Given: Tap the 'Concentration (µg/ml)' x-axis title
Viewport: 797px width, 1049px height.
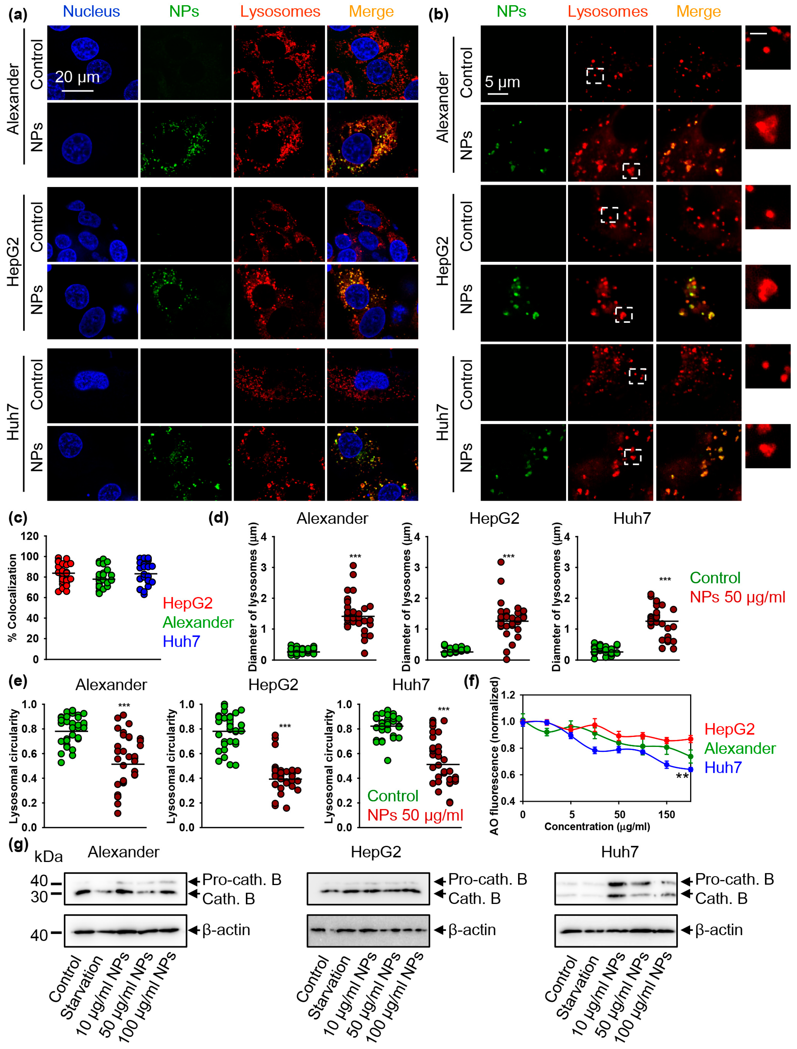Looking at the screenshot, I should (x=597, y=826).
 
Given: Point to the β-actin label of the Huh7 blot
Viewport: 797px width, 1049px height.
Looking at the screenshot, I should (x=719, y=930).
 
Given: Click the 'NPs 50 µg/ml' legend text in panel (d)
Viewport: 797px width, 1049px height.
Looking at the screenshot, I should (x=737, y=597).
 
